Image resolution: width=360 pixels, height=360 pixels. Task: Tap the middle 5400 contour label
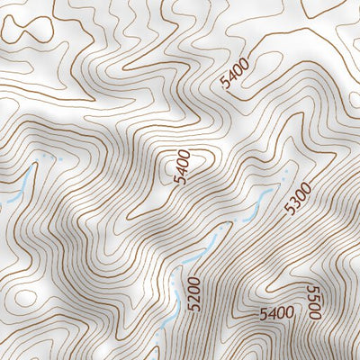[x=183, y=167]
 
